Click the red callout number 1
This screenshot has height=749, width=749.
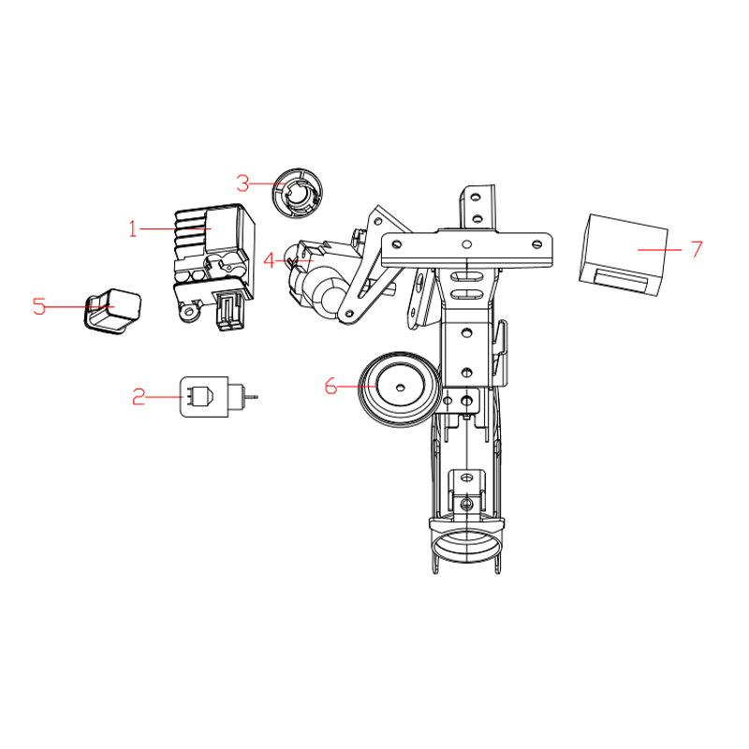point(133,228)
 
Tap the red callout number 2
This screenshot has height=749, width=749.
point(139,397)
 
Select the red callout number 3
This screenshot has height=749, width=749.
point(242,184)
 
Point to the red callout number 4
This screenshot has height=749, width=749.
point(270,261)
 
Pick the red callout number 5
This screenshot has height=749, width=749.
point(39,306)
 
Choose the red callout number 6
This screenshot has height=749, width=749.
point(330,386)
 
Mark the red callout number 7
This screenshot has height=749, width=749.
point(697,249)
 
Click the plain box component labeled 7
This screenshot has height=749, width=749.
point(623,255)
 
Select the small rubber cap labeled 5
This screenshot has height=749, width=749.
point(113,310)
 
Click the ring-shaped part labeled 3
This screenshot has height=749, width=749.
point(297,193)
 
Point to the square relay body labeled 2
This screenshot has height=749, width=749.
point(204,397)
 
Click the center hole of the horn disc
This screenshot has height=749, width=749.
point(401,386)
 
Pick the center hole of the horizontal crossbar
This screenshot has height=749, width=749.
point(466,244)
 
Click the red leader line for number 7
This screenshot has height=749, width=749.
point(660,249)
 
